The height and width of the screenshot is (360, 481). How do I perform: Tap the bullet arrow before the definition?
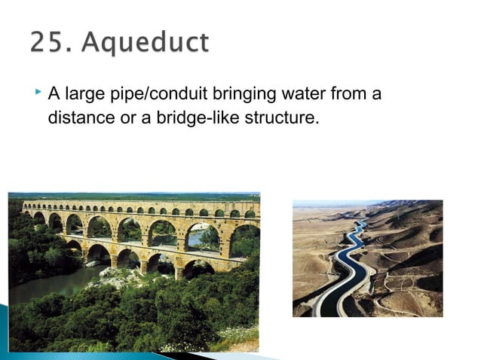(38, 93)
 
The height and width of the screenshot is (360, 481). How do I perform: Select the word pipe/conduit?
(146, 96)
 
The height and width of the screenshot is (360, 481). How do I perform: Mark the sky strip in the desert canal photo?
(332, 203)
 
